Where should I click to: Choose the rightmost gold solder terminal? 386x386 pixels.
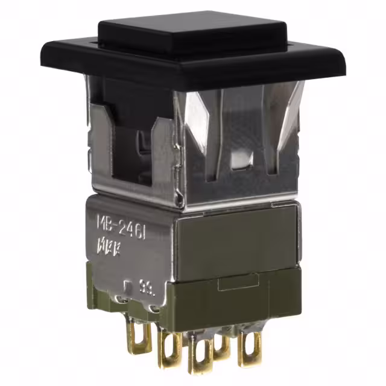[x=249, y=347]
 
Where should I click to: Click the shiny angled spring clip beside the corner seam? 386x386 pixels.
[x=199, y=127]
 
